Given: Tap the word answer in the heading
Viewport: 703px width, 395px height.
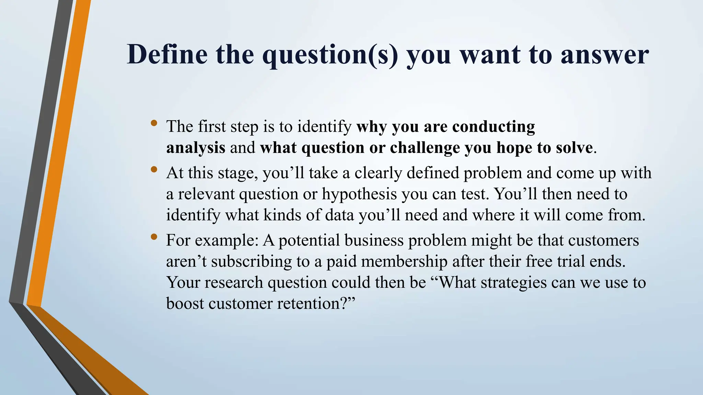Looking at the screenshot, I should pos(604,55).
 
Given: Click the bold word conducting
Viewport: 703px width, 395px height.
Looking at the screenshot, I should pos(494,127).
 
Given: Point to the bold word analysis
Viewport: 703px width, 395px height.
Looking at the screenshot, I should pos(196,148).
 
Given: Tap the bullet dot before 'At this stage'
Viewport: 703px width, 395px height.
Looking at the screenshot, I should pos(154,169).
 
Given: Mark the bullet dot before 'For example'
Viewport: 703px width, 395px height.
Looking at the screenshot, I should pos(154,236).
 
